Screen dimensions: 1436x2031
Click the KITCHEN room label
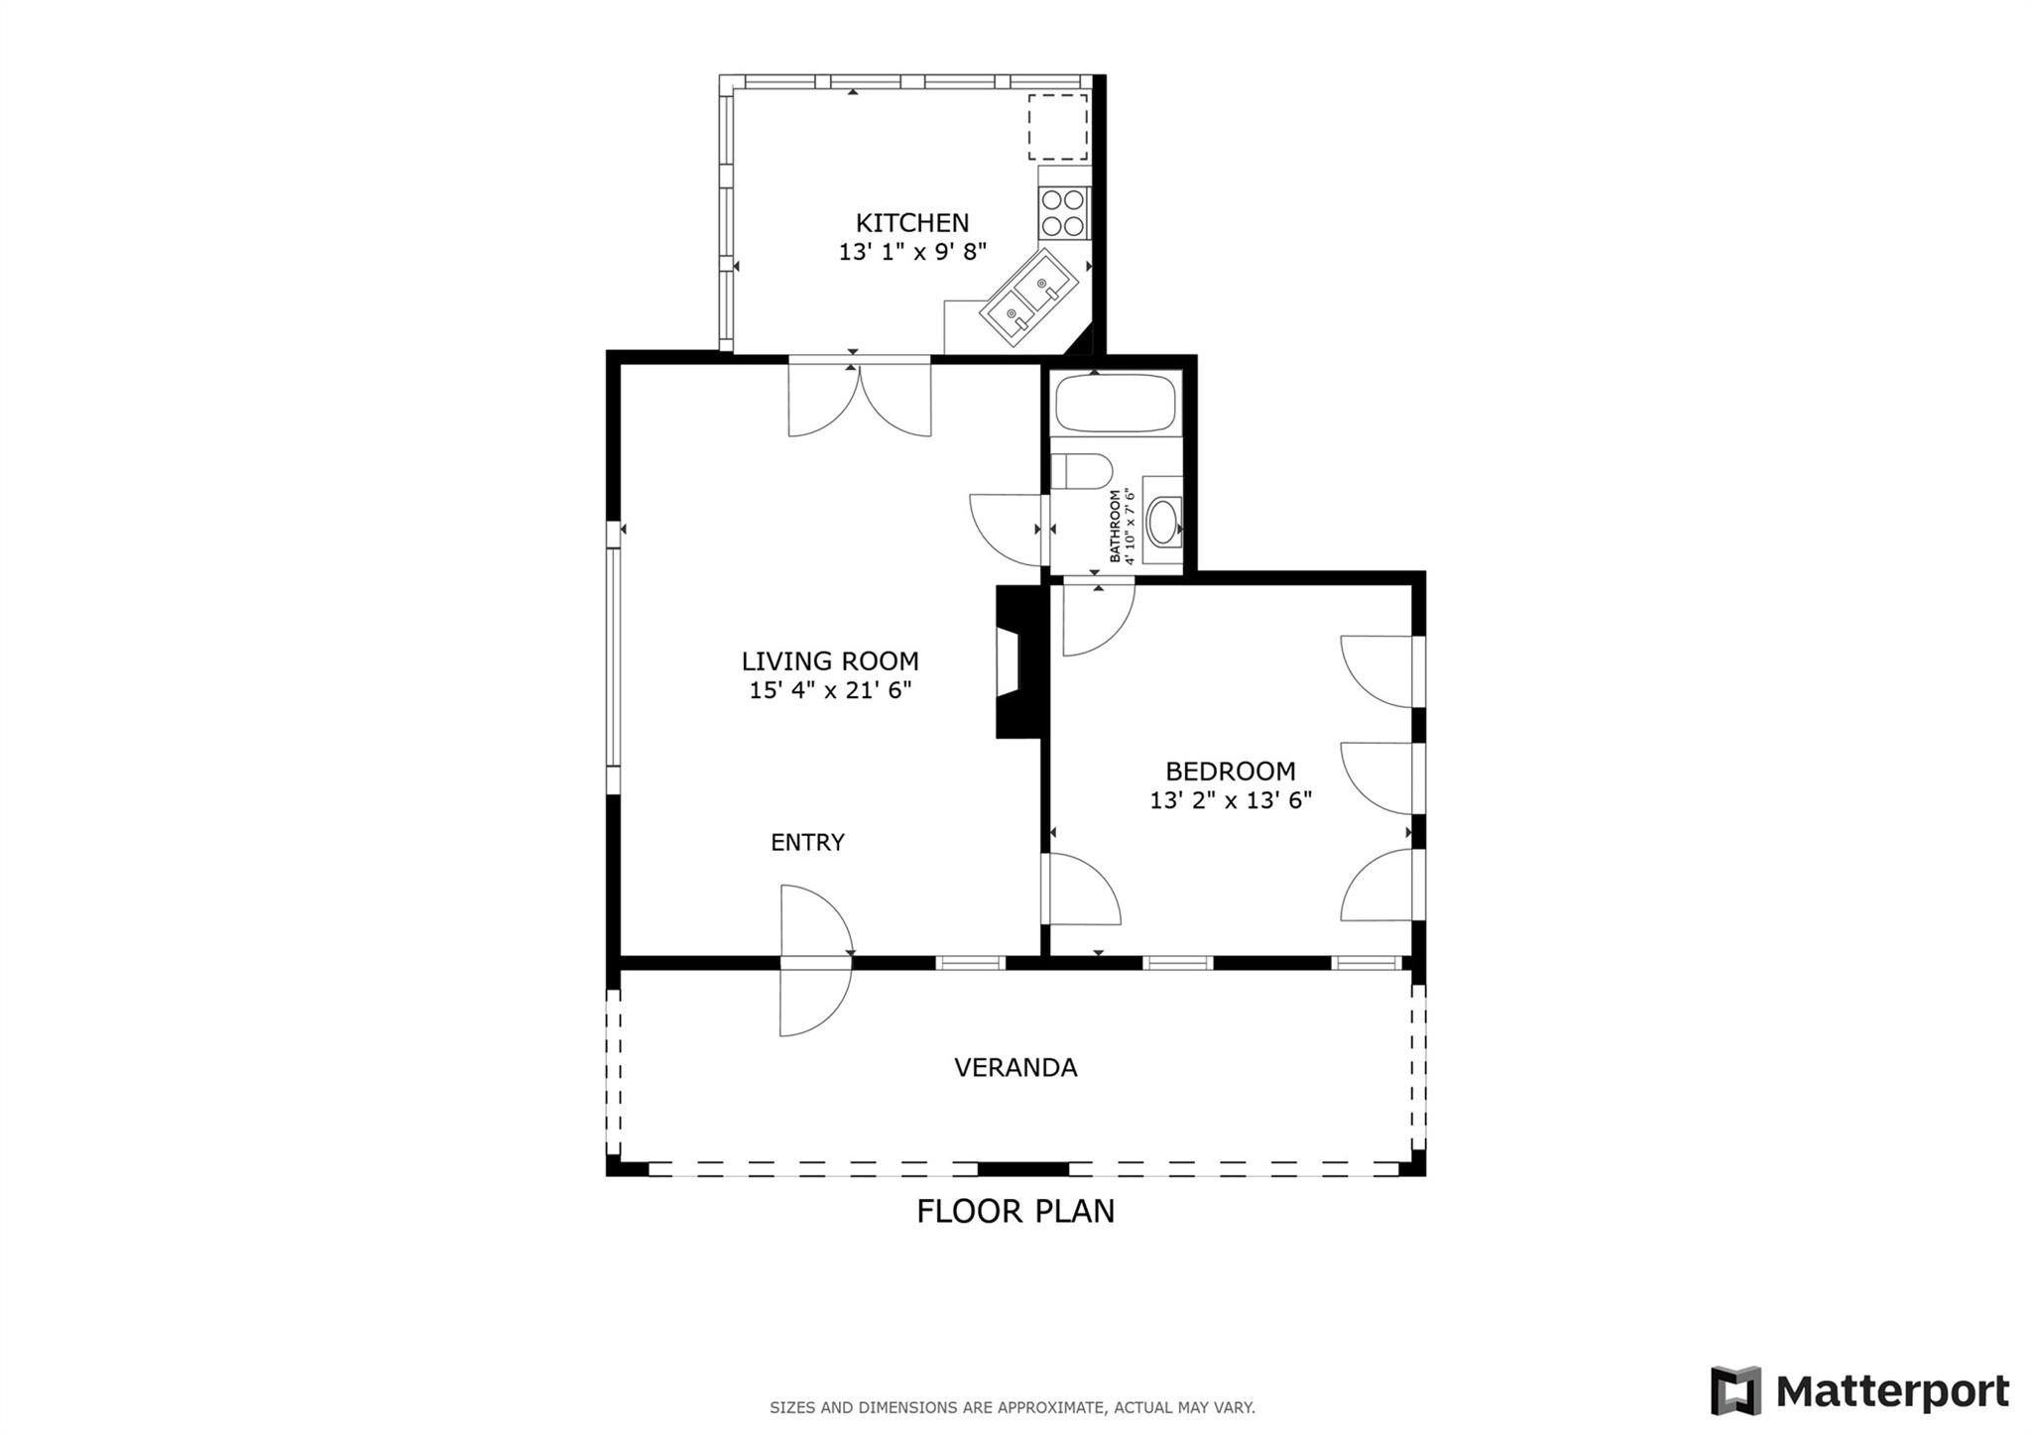[911, 222]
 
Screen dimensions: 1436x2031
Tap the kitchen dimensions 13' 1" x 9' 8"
[912, 252]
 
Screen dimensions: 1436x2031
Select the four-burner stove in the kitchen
[1062, 213]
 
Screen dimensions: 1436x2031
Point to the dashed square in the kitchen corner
[1057, 128]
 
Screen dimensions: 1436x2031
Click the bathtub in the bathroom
[1115, 403]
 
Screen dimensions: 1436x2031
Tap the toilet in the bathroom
[1080, 472]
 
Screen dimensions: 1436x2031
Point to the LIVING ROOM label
[830, 660]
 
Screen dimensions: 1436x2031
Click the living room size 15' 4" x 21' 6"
[830, 690]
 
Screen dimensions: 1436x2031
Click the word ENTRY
[807, 842]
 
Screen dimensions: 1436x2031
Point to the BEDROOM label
[1230, 771]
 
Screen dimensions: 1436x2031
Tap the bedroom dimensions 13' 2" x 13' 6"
[1230, 800]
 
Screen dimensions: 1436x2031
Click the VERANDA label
[1015, 1067]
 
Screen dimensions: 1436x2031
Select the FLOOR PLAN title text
[1015, 1211]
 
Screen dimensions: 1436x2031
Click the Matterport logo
[1859, 1391]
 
